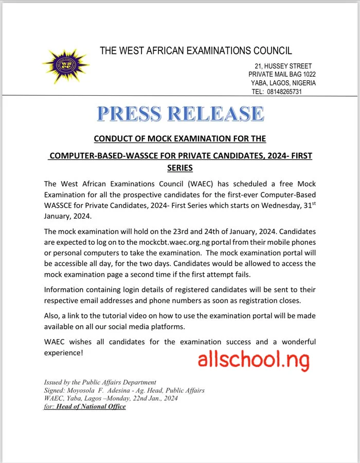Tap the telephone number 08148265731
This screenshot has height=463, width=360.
click(x=284, y=92)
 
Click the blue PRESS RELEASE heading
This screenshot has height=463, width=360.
click(x=180, y=114)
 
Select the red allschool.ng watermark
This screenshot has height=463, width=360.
click(x=254, y=360)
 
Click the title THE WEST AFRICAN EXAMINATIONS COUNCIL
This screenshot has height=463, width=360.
click(x=195, y=50)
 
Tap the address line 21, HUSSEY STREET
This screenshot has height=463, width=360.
click(x=283, y=66)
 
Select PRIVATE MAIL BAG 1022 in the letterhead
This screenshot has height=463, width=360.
click(x=282, y=75)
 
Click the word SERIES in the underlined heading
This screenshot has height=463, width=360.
click(x=180, y=168)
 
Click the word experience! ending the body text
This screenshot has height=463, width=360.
click(x=63, y=353)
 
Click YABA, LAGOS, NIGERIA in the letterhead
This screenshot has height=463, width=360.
click(x=283, y=83)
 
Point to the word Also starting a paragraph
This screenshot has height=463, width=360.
click(x=53, y=315)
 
